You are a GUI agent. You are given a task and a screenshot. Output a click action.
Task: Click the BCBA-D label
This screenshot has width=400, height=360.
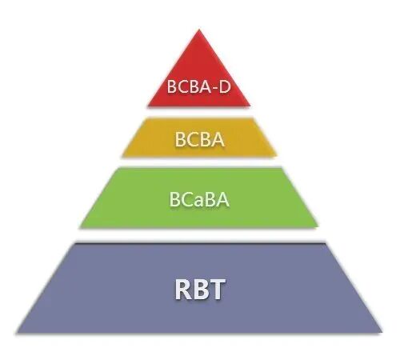coord(198,86)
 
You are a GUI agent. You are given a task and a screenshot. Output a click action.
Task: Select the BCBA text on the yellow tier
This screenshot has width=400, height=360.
coord(199,139)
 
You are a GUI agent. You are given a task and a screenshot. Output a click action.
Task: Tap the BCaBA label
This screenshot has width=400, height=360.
coord(199,199)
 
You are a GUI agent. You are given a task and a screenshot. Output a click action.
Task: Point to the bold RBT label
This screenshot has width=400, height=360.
coord(200,290)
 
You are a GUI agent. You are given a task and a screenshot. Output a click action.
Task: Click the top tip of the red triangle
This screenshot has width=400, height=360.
coord(199,30)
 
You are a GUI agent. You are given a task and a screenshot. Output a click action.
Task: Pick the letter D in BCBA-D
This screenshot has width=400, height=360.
coord(225,86)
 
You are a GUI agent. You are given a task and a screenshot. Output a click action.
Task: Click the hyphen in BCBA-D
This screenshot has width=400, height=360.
coord(214,88)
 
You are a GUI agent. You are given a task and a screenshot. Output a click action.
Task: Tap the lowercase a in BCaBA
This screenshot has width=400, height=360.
coord(198,202)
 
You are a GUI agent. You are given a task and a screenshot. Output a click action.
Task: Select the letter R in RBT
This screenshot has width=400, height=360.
coord(183,290)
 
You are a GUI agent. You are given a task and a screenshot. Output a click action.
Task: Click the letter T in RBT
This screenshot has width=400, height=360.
coord(217,290)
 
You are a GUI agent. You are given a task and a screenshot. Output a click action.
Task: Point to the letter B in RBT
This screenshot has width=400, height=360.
coord(200,290)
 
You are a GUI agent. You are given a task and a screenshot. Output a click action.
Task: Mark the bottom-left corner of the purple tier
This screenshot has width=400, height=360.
coord(17,332)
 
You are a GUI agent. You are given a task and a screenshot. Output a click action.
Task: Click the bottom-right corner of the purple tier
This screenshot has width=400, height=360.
coord(382,332)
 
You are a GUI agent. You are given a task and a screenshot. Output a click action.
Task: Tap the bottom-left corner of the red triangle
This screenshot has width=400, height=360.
coord(148,106)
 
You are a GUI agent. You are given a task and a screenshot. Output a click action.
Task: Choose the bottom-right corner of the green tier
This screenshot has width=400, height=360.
coord(318,227)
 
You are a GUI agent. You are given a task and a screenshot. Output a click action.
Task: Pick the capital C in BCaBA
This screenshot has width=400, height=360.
coord(186,199)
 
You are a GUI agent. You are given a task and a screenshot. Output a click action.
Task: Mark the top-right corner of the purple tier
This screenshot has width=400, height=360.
coord(326,243)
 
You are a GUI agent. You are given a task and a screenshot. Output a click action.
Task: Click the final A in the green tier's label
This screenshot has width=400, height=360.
coord(222,199)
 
